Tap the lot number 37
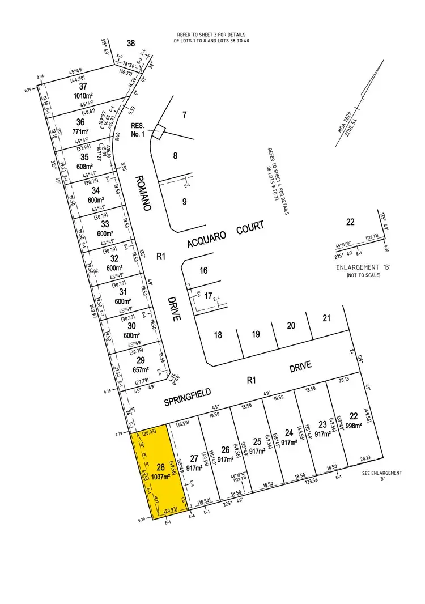click(83, 86)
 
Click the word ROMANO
click(142, 193)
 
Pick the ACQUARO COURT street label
click(227, 235)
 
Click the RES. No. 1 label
click(138, 130)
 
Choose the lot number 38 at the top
click(131, 43)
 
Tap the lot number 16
click(203, 271)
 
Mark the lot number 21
click(326, 318)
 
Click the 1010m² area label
click(83, 96)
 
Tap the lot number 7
click(184, 116)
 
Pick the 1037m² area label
click(160, 477)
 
